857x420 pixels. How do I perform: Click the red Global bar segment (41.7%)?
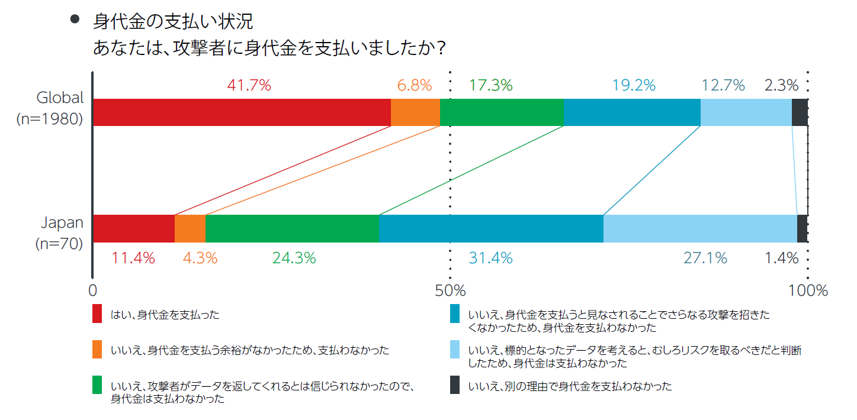pos(242,112)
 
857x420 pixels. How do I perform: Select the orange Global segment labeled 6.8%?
pos(415,112)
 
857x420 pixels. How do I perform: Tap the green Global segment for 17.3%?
pos(501,112)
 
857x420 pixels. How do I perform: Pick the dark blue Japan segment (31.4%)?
pos(490,228)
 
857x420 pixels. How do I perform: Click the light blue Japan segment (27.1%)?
pos(699,228)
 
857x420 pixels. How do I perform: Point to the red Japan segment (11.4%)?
pos(134,228)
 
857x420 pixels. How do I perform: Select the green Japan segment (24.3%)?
pos(291,228)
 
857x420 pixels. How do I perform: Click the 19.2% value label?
pos(634,85)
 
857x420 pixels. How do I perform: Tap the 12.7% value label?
pos(723,85)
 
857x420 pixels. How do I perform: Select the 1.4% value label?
pos(781,258)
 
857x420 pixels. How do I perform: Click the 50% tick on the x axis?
pos(450,290)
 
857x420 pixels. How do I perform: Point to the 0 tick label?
pos(92,290)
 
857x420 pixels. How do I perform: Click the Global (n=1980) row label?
pos(50,108)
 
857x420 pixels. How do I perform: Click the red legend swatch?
pos(98,314)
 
